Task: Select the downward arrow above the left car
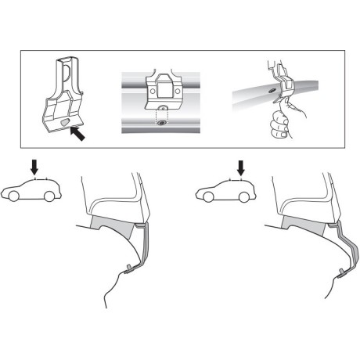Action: click(x=31, y=165)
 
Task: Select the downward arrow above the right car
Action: click(x=241, y=166)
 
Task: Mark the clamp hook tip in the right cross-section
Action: click(x=344, y=272)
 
